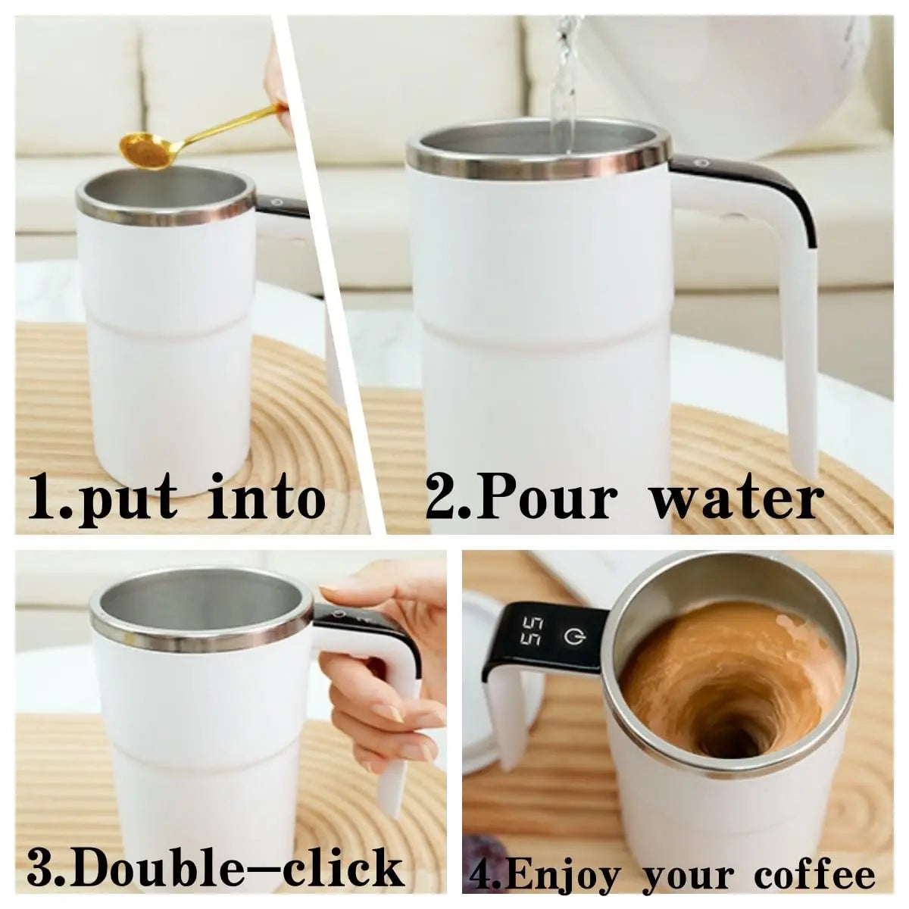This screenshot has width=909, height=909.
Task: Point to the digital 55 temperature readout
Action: (x=531, y=635)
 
